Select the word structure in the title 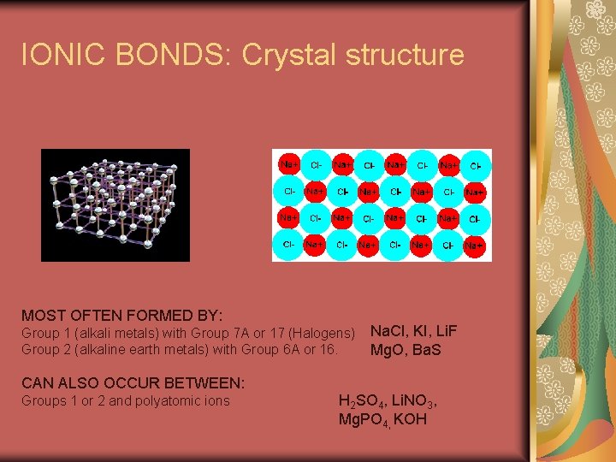[405, 55]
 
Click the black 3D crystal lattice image [115, 205]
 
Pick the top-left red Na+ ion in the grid [289, 164]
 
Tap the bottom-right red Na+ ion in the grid [474, 246]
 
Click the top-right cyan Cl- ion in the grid [475, 164]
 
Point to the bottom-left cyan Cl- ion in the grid [289, 246]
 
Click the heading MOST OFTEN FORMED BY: [122, 316]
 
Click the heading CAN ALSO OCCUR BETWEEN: [133, 382]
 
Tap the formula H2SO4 [366, 401]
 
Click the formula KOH [410, 420]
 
